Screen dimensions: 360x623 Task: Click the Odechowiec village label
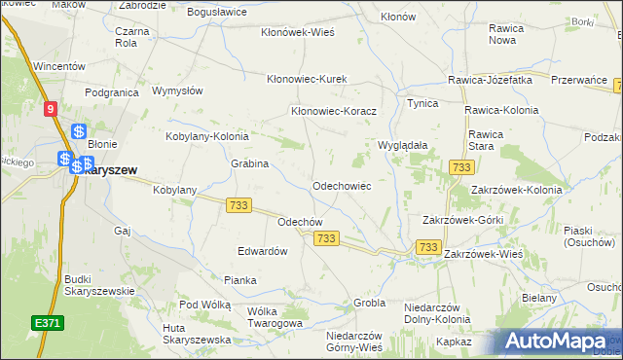(341, 185)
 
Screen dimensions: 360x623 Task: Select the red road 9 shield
(51, 110)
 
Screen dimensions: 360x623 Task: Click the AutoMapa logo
(559, 342)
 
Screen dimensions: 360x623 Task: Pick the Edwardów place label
(263, 251)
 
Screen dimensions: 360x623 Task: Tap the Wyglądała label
(403, 145)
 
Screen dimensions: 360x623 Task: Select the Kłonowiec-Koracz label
(334, 111)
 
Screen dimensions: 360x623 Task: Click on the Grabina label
(249, 163)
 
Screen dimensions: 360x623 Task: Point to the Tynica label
(422, 103)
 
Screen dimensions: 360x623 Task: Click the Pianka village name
(239, 280)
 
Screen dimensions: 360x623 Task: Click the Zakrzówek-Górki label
(461, 220)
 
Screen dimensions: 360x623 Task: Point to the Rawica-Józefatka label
(490, 81)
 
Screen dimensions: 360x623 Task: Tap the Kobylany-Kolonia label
(207, 137)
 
